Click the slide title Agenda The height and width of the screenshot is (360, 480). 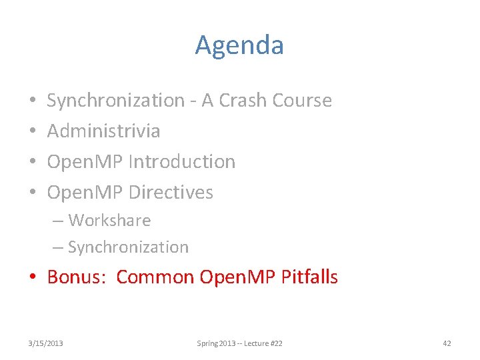tap(239, 45)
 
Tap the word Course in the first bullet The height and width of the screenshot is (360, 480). tap(303, 100)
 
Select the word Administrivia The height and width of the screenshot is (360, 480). tap(103, 131)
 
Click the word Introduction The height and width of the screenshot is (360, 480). tap(182, 161)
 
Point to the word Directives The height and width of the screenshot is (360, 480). tap(171, 192)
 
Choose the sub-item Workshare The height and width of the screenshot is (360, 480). tap(109, 220)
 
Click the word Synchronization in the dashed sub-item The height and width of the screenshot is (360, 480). tap(128, 247)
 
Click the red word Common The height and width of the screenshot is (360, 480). tap(155, 277)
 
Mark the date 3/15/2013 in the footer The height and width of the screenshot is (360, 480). tap(46, 343)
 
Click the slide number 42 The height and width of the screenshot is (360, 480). tap(447, 343)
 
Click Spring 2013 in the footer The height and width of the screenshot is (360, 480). tap(212, 343)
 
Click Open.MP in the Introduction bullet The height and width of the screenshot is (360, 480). tap(85, 161)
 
